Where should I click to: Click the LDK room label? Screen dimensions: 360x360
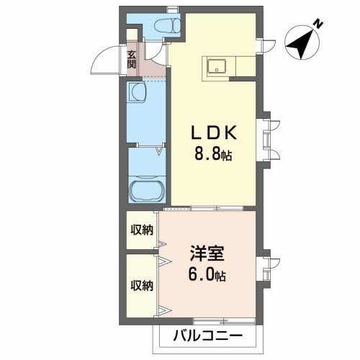click(x=214, y=132)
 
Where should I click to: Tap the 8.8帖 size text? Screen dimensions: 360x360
click(x=213, y=155)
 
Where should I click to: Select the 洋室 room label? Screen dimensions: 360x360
click(x=207, y=253)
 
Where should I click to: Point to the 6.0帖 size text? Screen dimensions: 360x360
click(x=207, y=275)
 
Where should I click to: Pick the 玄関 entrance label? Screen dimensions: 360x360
click(x=132, y=60)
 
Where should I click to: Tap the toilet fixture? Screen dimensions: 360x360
click(x=167, y=26)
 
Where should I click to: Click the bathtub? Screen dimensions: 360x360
click(x=147, y=189)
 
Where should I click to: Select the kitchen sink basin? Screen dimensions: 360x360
click(x=217, y=66)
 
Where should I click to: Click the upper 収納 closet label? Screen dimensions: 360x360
click(x=142, y=230)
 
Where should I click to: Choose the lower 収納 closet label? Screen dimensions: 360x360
click(x=142, y=286)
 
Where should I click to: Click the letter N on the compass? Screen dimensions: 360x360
click(x=319, y=24)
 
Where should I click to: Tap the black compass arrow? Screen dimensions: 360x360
click(x=300, y=44)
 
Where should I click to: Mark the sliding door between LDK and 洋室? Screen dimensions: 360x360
click(x=204, y=209)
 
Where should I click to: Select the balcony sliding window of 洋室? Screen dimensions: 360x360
click(x=224, y=320)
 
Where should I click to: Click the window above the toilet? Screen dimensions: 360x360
click(x=171, y=9)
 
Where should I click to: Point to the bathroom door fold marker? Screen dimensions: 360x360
click(x=158, y=151)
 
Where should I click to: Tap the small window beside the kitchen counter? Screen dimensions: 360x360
click(x=260, y=47)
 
